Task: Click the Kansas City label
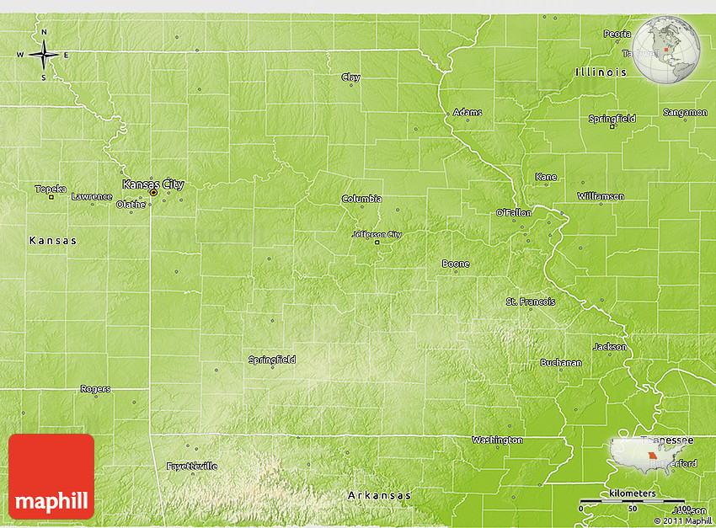pyautogui.click(x=152, y=184)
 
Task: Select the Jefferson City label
pyautogui.click(x=377, y=234)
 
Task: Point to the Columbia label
pyautogui.click(x=361, y=199)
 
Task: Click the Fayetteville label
pyautogui.click(x=191, y=466)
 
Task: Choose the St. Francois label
pyautogui.click(x=530, y=301)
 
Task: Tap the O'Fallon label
pyautogui.click(x=513, y=212)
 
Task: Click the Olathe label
pyautogui.click(x=131, y=204)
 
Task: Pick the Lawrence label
pyautogui.click(x=91, y=196)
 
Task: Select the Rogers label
pyautogui.click(x=95, y=389)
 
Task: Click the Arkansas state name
pyautogui.click(x=380, y=495)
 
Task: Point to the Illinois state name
pyautogui.click(x=601, y=72)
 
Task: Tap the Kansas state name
pyautogui.click(x=52, y=240)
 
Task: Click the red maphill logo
pyautogui.click(x=51, y=476)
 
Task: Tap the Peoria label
pyautogui.click(x=617, y=34)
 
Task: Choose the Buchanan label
pyautogui.click(x=560, y=363)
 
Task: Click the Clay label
pyautogui.click(x=350, y=77)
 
